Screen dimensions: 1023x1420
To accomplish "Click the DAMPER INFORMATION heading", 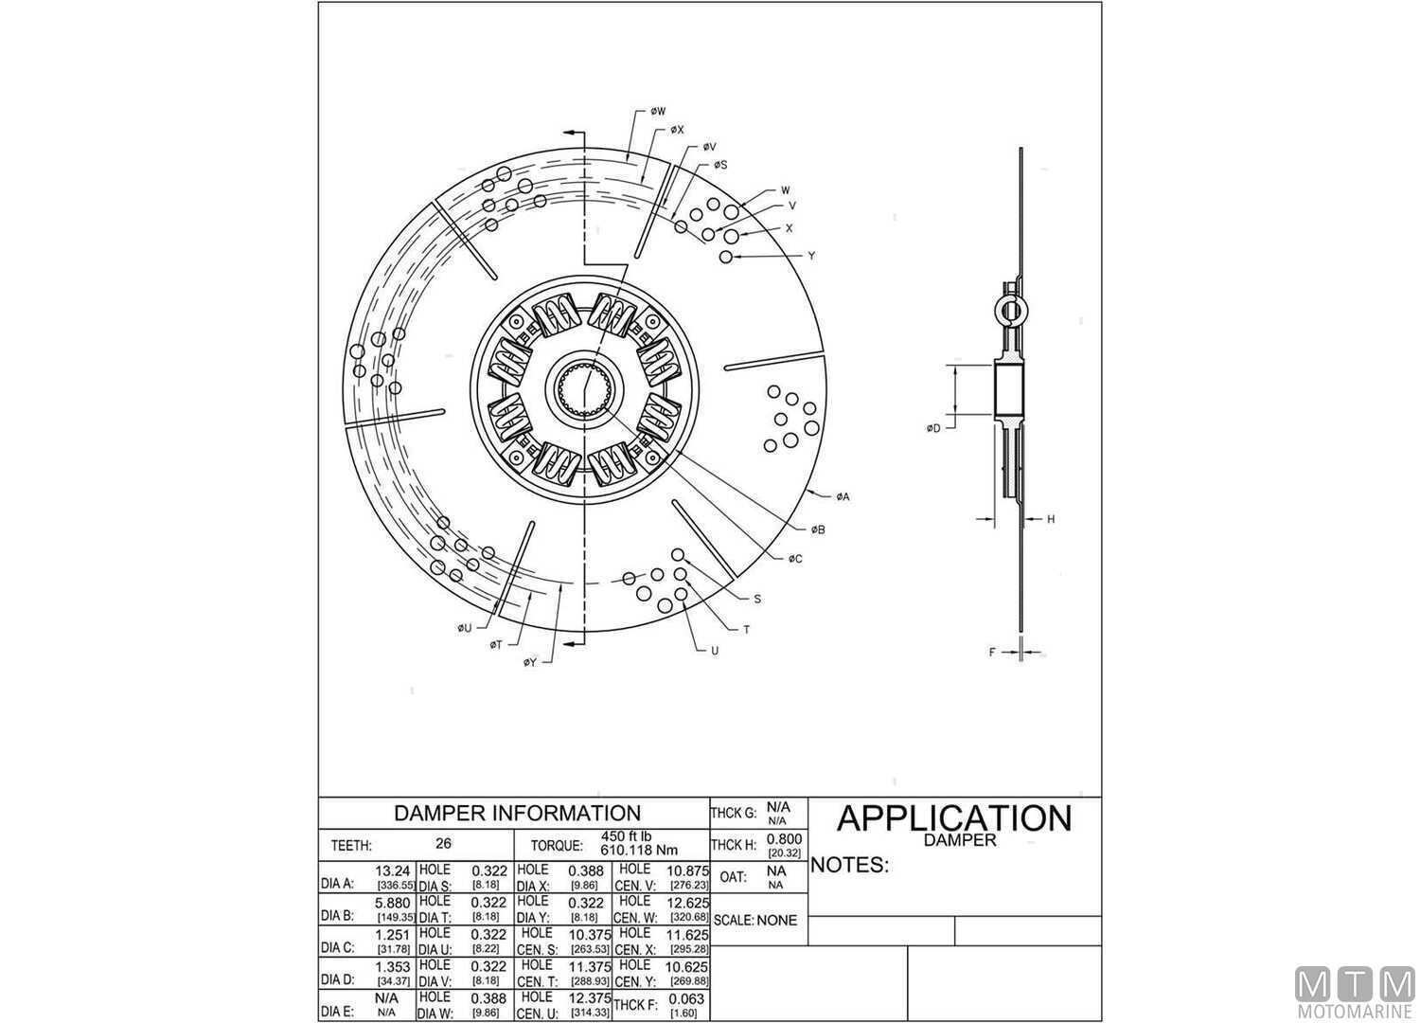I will pos(516,813).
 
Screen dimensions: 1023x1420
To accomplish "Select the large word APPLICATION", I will pos(953,817).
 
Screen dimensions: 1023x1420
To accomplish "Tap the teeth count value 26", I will pos(443,844).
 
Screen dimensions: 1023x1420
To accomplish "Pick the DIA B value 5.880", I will pos(393,902).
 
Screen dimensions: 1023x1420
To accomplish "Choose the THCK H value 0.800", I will pos(784,838).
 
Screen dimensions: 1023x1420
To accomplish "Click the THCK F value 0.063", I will pos(686,998).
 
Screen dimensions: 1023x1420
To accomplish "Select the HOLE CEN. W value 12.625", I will pos(688,903).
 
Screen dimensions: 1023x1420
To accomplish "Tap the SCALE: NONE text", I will pos(755,920).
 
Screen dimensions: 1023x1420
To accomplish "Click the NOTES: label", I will pos(849,865).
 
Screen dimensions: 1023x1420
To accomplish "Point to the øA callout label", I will pos(842,496).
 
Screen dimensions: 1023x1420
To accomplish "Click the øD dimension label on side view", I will pos(933,429).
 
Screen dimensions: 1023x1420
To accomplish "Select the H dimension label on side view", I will pos(1051,519).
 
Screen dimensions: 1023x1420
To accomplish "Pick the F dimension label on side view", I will pos(992,652).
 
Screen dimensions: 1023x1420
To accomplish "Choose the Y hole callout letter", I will pos(811,256).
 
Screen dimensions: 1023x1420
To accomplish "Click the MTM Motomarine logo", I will pos(1355,993).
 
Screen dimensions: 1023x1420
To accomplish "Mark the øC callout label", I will pos(794,559).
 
